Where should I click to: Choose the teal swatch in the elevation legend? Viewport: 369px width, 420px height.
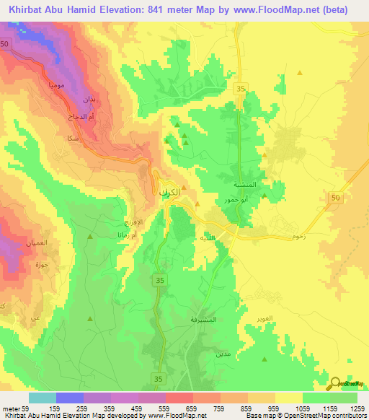coord(43,398)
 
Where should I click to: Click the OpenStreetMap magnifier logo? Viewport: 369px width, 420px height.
coord(336,383)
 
